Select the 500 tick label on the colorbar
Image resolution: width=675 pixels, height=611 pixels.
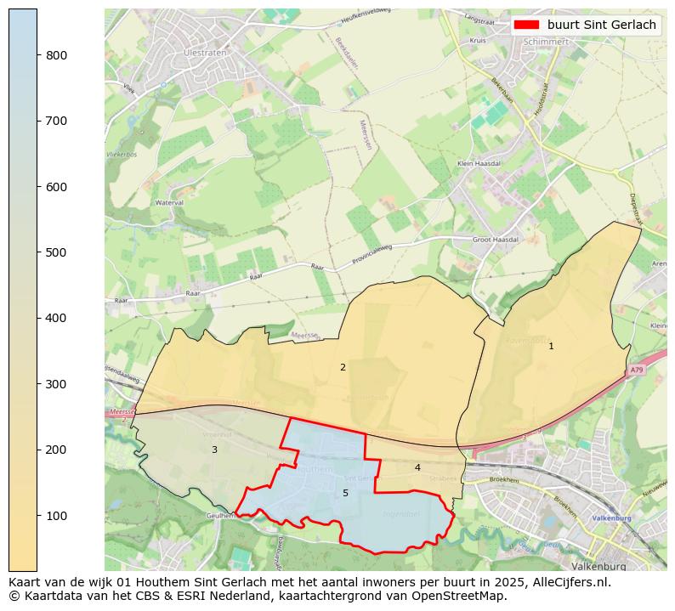click(x=56, y=252)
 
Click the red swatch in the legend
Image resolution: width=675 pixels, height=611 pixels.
click(x=526, y=25)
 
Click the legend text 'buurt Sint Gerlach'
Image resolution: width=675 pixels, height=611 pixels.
click(x=601, y=25)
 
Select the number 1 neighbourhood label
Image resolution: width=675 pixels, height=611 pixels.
click(x=551, y=346)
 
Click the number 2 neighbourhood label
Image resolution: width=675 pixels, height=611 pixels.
click(x=343, y=367)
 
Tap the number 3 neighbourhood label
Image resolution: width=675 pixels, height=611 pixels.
click(x=214, y=450)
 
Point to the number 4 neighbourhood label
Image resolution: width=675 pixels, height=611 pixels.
click(x=417, y=467)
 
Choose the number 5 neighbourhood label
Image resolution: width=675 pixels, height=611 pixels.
click(x=345, y=493)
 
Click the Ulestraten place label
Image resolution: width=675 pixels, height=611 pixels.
click(x=201, y=52)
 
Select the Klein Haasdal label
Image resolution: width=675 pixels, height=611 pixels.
click(x=479, y=163)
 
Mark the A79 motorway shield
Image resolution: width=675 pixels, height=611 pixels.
click(x=638, y=371)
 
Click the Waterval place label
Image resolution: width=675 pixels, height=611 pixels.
click(x=170, y=203)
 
